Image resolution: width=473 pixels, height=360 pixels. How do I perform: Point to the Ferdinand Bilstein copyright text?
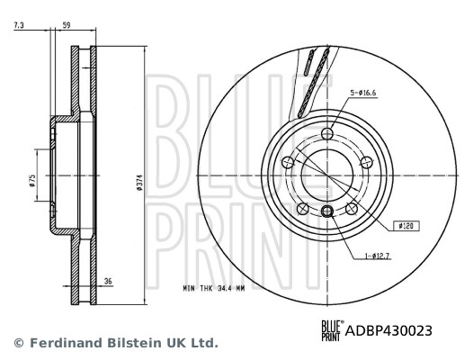click(x=114, y=343)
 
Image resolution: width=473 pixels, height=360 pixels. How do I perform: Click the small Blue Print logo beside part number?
click(x=333, y=330)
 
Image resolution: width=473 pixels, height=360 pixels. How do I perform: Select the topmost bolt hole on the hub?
click(x=327, y=134)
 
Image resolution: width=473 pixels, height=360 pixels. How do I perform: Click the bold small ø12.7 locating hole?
click(x=327, y=211)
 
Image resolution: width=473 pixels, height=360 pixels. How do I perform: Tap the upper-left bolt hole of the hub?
click(x=288, y=162)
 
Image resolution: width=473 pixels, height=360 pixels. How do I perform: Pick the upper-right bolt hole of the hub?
click(x=367, y=162)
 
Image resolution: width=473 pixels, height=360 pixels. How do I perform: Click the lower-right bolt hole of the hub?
click(x=352, y=209)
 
